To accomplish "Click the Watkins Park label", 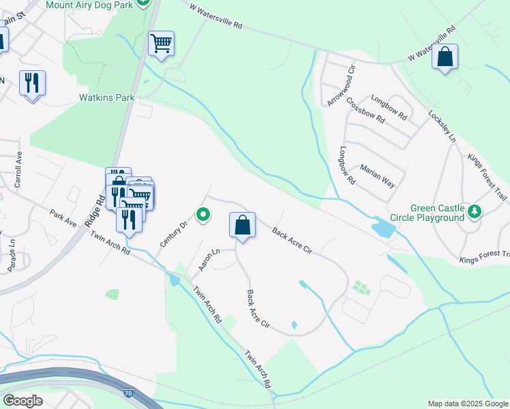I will [107, 97].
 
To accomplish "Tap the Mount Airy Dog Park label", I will [88, 4].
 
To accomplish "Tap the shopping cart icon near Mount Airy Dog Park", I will [161, 44].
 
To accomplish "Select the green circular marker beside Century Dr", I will [203, 215].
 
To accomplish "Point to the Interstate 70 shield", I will [129, 393].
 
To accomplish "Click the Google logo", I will [22, 401].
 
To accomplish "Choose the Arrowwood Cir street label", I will [341, 85].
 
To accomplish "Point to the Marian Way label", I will [377, 176].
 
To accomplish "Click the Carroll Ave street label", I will [19, 174].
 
